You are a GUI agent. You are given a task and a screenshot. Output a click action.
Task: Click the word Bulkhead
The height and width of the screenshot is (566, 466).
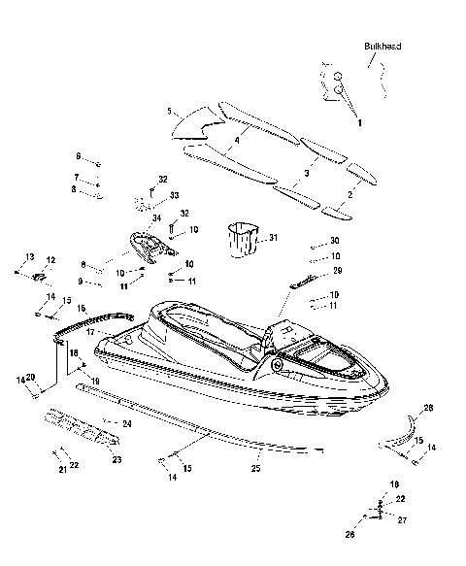pos(383,46)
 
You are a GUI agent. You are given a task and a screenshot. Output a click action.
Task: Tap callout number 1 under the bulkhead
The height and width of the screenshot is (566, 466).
pos(357,123)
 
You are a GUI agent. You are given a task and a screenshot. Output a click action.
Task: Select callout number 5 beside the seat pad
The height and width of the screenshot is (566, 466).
pos(170,112)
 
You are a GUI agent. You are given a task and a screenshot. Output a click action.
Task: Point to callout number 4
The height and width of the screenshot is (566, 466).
pos(236,141)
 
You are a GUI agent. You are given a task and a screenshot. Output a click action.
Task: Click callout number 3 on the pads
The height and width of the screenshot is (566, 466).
pos(307,172)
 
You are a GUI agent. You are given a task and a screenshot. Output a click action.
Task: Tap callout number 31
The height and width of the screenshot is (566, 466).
pos(273,238)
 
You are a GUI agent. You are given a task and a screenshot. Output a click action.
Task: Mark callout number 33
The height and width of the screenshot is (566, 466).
pos(175,196)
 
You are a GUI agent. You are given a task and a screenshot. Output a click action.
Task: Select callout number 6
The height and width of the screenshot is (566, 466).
pos(79,155)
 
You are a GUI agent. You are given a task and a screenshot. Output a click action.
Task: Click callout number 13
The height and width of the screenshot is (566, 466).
pos(29,256)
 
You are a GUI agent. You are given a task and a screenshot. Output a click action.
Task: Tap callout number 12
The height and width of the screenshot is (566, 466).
pos(50,260)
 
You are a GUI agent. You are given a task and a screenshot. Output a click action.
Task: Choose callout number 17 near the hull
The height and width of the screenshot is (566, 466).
pos(88,332)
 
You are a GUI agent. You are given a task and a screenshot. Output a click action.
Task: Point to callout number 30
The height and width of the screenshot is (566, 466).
pos(334,240)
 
